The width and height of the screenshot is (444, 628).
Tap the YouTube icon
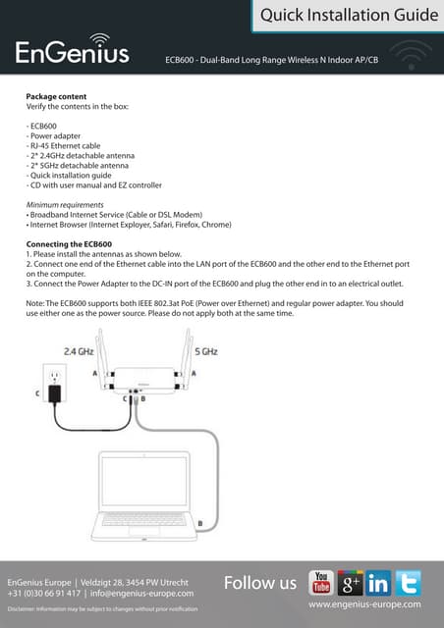tap(321, 582)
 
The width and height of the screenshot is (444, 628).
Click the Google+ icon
tap(351, 583)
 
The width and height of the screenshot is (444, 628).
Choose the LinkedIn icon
tap(379, 583)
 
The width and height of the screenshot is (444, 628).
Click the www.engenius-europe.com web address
tap(364, 604)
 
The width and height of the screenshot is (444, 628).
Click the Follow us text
tap(259, 583)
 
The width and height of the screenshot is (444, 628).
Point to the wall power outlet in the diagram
tap(55, 379)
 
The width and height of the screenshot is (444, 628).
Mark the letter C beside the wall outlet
tap(38, 394)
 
